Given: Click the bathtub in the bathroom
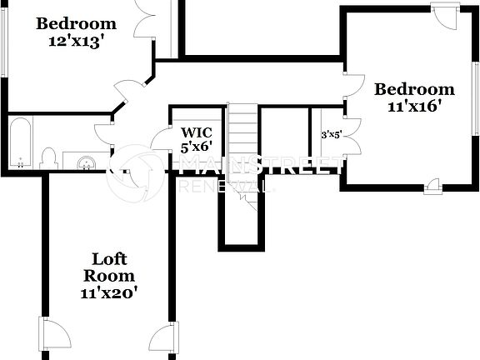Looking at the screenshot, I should point(21,142).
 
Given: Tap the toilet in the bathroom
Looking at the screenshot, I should point(48,158).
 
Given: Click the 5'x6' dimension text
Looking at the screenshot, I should point(202,147).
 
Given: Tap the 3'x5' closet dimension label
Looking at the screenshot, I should point(332,133).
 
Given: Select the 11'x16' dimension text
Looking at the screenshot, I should point(414,106).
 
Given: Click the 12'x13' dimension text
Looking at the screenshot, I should point(75,41).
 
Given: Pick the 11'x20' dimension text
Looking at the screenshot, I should point(109,292).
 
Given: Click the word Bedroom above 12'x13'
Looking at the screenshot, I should point(75,22).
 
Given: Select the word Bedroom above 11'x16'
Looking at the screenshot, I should point(414,89).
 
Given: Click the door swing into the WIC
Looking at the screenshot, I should point(161,140).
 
